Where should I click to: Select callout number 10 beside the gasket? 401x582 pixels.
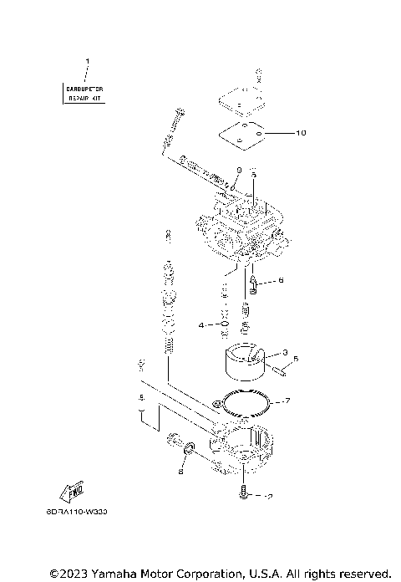300,132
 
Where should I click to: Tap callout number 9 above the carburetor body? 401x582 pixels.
238,170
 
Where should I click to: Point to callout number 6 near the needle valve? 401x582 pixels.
281,280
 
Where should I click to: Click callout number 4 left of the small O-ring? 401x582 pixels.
201,324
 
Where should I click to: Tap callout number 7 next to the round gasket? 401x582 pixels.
287,401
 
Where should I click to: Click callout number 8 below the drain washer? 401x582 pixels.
180,471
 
